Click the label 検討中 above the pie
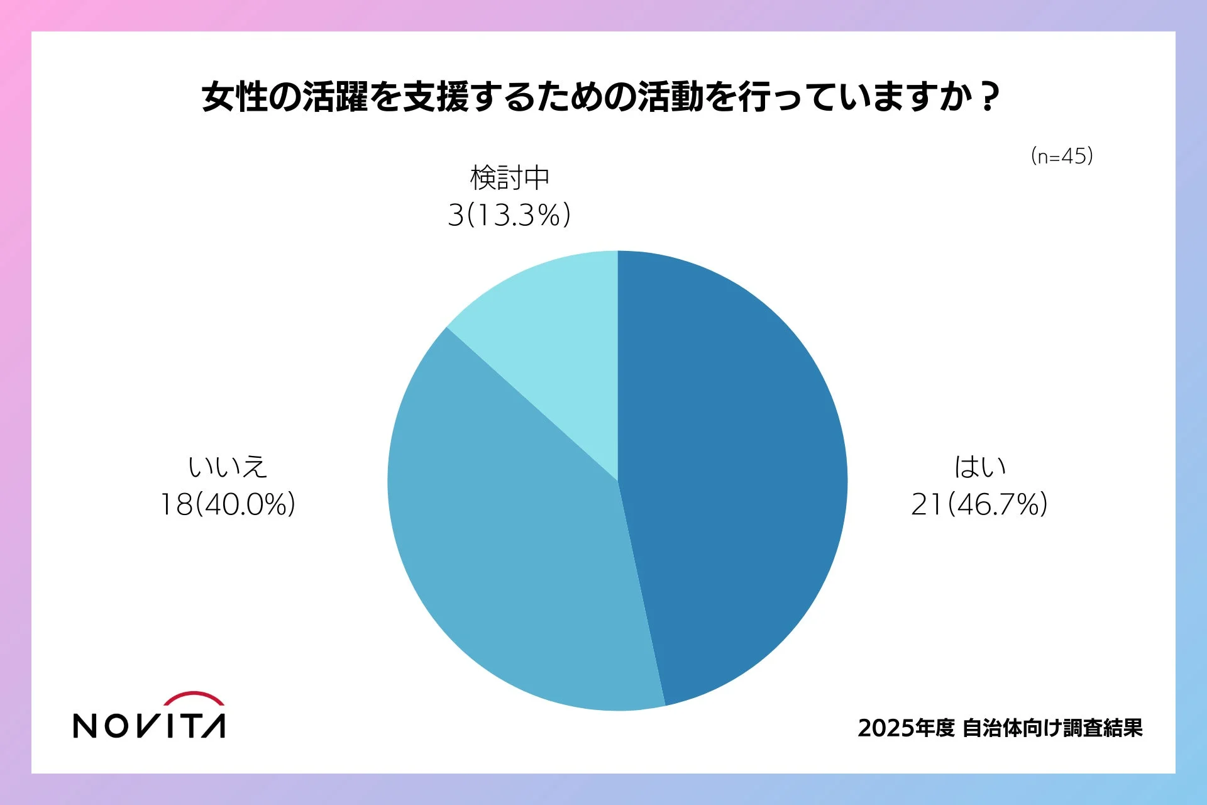(x=510, y=178)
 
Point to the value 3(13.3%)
(x=509, y=215)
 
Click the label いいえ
(x=228, y=467)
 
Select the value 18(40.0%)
(x=228, y=504)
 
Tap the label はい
(x=979, y=467)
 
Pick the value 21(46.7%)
(x=979, y=504)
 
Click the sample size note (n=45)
(x=1062, y=156)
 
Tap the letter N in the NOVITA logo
(x=85, y=726)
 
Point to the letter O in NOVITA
(x=116, y=726)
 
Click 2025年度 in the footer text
(x=906, y=728)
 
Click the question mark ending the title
(x=989, y=97)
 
